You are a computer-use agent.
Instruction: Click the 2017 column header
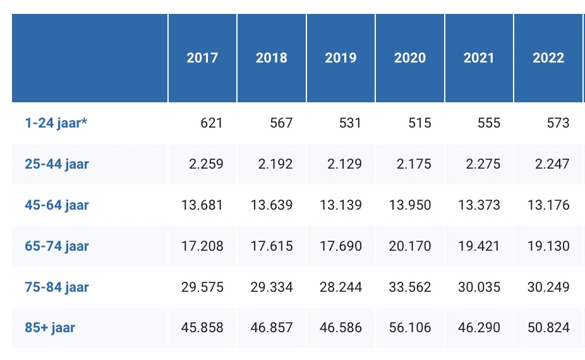pyautogui.click(x=202, y=58)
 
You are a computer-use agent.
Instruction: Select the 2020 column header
pyautogui.click(x=410, y=58)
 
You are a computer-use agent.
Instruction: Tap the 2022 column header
pyautogui.click(x=548, y=58)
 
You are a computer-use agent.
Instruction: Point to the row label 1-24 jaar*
pyautogui.click(x=56, y=123)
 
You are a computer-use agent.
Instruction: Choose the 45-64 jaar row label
pyautogui.click(x=56, y=205)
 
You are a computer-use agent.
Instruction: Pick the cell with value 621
pyautogui.click(x=212, y=123)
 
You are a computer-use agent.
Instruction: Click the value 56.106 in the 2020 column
pyautogui.click(x=410, y=328)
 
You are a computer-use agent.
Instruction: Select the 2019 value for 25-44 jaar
pyautogui.click(x=341, y=164)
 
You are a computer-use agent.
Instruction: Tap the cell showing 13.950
pyautogui.click(x=410, y=205)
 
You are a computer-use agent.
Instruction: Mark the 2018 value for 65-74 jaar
pyautogui.click(x=272, y=246)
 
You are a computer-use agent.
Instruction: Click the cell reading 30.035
pyautogui.click(x=479, y=287)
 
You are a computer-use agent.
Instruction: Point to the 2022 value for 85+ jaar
pyautogui.click(x=548, y=328)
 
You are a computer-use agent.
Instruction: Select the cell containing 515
pyautogui.click(x=419, y=123)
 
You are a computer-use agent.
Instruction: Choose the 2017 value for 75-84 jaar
pyautogui.click(x=202, y=287)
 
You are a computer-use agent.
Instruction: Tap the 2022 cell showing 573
pyautogui.click(x=558, y=123)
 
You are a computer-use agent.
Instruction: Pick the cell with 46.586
pyautogui.click(x=341, y=328)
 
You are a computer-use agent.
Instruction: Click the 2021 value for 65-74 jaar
pyautogui.click(x=479, y=246)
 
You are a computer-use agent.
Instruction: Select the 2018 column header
pyautogui.click(x=272, y=58)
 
